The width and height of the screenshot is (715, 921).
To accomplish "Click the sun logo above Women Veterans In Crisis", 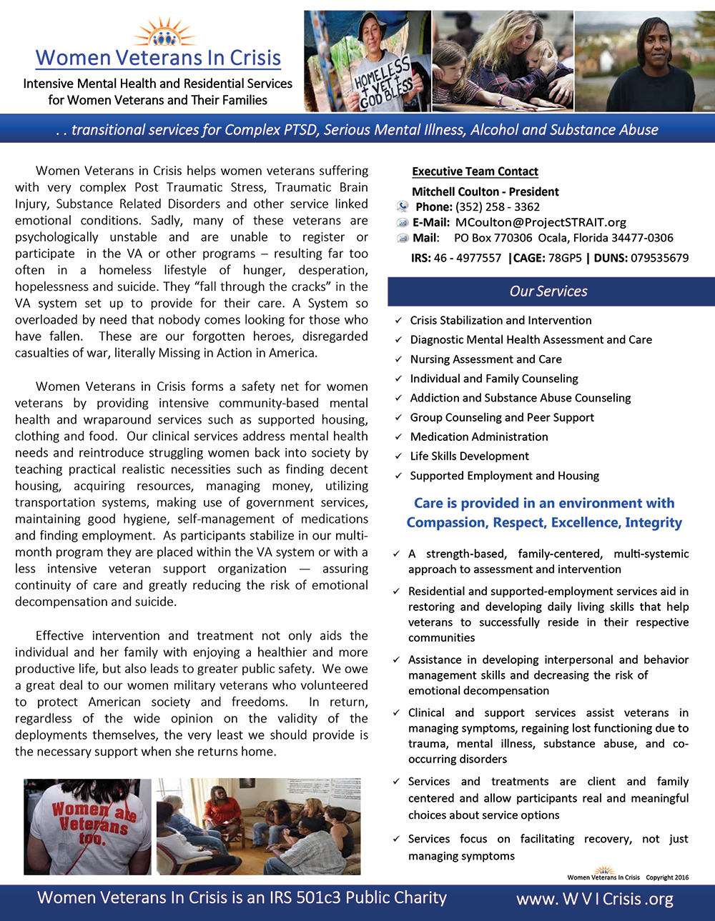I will (164, 32).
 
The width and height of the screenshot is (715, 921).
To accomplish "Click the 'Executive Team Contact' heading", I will (475, 171).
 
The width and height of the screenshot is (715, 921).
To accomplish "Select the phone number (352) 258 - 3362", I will (498, 207).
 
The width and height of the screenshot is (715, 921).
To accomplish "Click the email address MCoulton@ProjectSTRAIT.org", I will (541, 222).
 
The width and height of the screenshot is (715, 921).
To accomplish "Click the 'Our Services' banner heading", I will (548, 292).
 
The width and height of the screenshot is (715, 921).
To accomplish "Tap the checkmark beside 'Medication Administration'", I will (398, 437).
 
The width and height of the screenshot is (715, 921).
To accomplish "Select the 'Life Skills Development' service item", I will (469, 456).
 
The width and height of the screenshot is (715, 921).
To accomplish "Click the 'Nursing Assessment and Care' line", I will (485, 359).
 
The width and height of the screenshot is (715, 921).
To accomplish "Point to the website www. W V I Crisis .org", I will (595, 899).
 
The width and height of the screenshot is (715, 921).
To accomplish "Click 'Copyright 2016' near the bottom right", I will (667, 877).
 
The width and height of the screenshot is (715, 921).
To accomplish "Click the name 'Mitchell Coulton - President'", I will (485, 191).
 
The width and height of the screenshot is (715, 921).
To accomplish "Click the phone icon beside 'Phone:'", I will (403, 207).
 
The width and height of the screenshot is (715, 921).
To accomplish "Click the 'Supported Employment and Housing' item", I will (504, 476).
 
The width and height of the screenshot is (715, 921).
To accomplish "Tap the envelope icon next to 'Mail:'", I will (403, 238).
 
